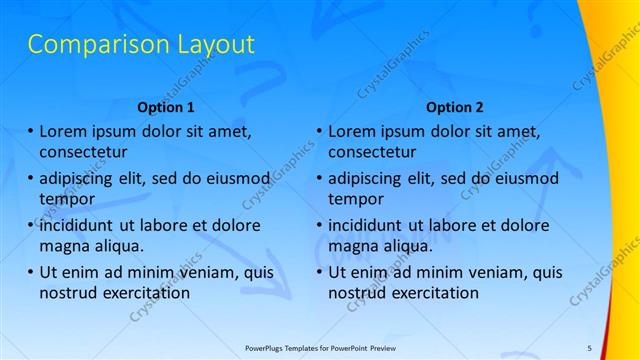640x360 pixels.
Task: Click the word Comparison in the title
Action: click(x=88, y=44)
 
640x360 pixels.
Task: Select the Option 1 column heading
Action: click(x=165, y=106)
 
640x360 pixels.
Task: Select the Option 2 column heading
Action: click(x=454, y=106)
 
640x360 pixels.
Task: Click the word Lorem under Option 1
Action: click(x=64, y=131)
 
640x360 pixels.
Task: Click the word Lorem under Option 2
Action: click(x=353, y=131)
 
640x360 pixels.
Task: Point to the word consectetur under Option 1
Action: click(x=86, y=153)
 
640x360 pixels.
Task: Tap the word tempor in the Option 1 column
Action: click(x=64, y=200)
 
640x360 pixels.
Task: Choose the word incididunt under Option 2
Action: click(x=369, y=225)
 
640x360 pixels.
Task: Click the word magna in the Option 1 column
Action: click(x=63, y=247)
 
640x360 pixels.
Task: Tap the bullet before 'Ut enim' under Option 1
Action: click(x=30, y=271)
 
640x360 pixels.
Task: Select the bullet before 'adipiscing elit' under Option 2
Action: click(x=319, y=178)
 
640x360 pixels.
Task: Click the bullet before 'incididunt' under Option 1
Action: click(x=30, y=225)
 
